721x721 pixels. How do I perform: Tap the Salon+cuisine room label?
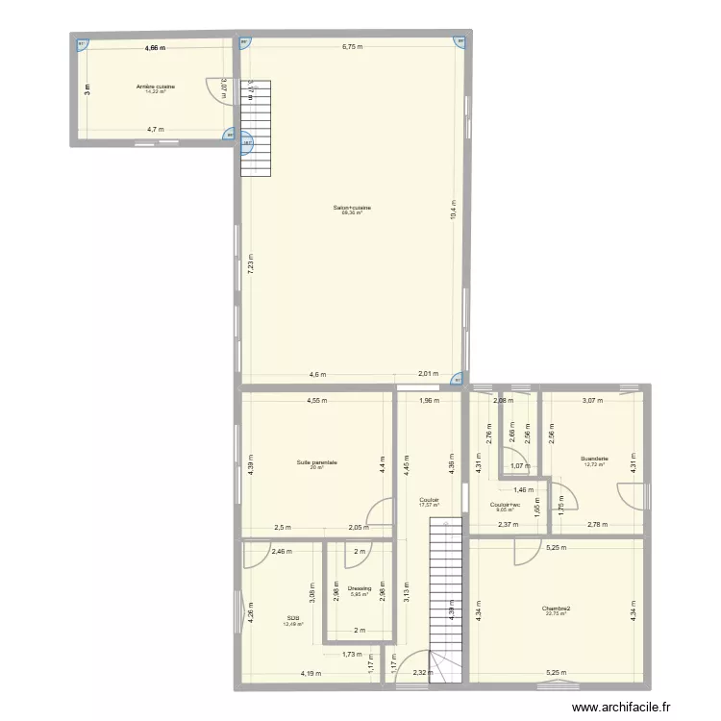pyautogui.click(x=352, y=208)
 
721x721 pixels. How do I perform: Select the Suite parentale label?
pyautogui.click(x=317, y=462)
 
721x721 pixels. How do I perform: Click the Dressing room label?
pyautogui.click(x=360, y=588)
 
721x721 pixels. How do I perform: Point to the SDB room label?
pyautogui.click(x=293, y=618)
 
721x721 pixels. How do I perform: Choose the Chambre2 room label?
pyautogui.click(x=556, y=609)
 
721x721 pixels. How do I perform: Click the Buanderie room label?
pyautogui.click(x=594, y=459)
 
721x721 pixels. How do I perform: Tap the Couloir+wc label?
pyautogui.click(x=505, y=505)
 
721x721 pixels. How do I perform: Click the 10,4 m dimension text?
pyautogui.click(x=452, y=209)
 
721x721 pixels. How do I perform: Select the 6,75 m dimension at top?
pyautogui.click(x=352, y=46)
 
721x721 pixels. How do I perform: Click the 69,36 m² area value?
pyautogui.click(x=352, y=213)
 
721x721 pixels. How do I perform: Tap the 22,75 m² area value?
pyautogui.click(x=556, y=613)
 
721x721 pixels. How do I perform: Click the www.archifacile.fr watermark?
pyautogui.click(x=637, y=709)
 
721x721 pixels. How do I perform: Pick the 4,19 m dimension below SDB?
pyautogui.click(x=310, y=673)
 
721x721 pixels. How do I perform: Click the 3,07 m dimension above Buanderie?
pyautogui.click(x=591, y=400)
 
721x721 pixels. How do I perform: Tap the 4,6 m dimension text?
pyautogui.click(x=316, y=375)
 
